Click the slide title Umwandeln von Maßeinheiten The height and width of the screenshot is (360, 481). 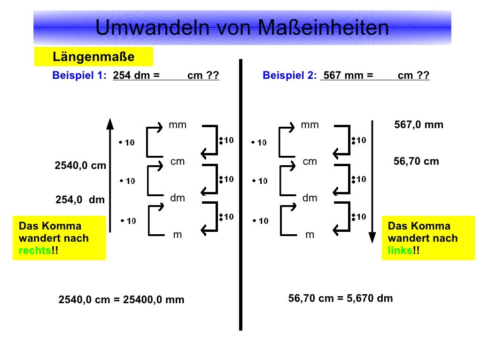(242, 28)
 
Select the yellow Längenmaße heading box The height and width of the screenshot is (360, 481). (93, 57)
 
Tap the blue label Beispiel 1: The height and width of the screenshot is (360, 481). (80, 76)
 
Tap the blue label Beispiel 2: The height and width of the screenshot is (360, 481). (290, 76)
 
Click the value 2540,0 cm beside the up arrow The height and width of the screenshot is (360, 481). (80, 166)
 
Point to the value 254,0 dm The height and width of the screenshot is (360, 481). (80, 200)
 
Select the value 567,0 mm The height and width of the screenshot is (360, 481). (419, 125)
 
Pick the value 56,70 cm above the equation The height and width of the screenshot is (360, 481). (416, 161)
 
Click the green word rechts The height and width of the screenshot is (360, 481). (34, 250)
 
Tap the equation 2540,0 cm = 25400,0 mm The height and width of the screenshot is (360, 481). (121, 299)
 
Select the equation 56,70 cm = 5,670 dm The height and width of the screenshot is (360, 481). (341, 298)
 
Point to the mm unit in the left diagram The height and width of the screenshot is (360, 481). (178, 125)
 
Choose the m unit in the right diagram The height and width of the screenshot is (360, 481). (310, 235)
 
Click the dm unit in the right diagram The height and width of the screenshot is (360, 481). (310, 198)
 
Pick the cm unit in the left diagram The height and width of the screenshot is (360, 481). (178, 161)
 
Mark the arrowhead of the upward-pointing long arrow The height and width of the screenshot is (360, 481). (110, 123)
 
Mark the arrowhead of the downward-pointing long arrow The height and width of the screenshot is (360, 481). (372, 237)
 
